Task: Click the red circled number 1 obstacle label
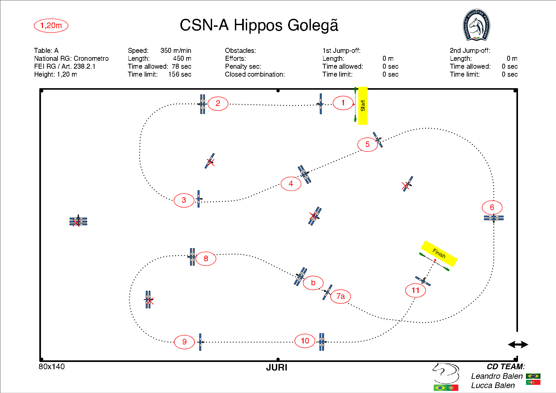point(343,103)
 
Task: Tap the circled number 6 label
point(492,207)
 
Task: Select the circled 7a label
point(340,296)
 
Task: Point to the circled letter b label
point(313,283)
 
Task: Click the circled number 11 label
point(415,290)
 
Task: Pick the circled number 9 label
point(184,342)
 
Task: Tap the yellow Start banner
point(363,106)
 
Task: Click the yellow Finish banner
point(439,253)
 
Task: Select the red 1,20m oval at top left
point(51,25)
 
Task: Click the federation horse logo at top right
point(476,25)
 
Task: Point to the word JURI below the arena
point(277,368)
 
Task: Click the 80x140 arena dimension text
point(52,367)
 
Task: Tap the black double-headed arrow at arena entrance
point(518,345)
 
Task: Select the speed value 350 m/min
point(176,51)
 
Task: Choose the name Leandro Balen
point(497,376)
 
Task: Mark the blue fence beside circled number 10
point(321,342)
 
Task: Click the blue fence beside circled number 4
point(304,174)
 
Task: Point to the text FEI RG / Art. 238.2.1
point(65,66)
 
